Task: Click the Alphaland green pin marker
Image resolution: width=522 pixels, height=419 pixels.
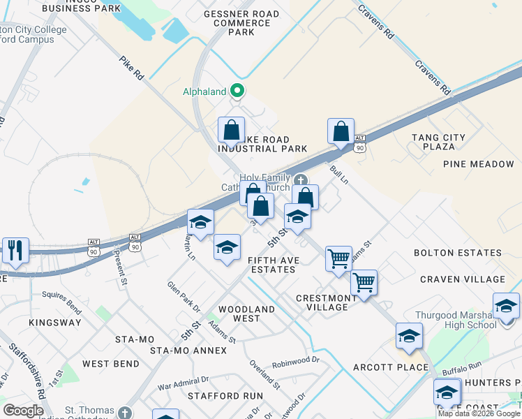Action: (x=237, y=91)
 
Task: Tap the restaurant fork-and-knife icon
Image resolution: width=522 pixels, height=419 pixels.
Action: (x=15, y=250)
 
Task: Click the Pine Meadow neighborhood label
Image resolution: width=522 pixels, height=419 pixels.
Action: (x=478, y=164)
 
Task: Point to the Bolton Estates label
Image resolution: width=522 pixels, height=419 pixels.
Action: (x=457, y=253)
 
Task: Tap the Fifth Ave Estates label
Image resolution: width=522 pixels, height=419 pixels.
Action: (x=272, y=265)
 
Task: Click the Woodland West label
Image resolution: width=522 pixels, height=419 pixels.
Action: (x=246, y=314)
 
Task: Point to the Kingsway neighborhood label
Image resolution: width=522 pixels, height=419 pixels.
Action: (x=54, y=323)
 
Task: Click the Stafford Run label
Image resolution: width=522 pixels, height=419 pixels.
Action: (x=225, y=396)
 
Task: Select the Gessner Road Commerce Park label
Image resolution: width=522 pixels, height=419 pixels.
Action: (x=241, y=23)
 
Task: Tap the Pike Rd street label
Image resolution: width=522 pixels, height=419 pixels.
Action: (x=130, y=68)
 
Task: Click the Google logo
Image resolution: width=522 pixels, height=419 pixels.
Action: (x=23, y=411)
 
